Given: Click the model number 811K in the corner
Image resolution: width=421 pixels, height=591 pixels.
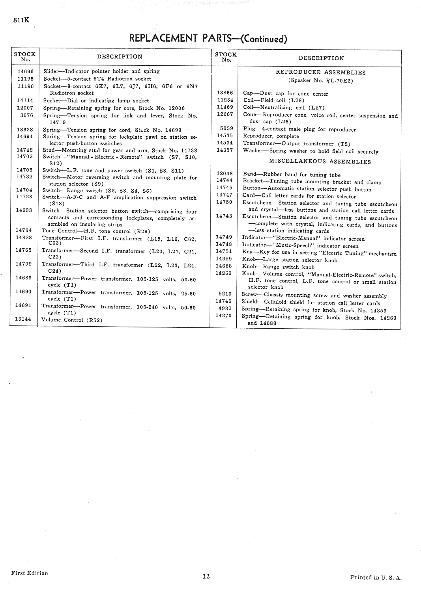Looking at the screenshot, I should [x=21, y=21].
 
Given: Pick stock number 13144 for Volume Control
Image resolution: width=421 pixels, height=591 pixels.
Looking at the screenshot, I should [x=23, y=319].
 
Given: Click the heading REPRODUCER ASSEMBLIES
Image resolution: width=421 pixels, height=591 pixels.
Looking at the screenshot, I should [x=320, y=72].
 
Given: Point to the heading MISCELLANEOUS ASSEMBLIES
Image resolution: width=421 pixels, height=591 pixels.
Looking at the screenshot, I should [x=320, y=162].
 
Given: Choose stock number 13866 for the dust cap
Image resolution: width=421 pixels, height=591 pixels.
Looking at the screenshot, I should [x=225, y=93].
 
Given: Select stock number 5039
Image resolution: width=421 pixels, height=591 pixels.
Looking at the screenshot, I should [x=226, y=128].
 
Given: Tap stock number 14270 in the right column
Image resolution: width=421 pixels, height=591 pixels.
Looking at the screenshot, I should [x=224, y=315].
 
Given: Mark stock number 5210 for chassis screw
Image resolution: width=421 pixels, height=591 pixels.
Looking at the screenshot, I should [x=225, y=294].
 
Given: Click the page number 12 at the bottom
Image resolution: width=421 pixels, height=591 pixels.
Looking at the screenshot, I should [x=206, y=576].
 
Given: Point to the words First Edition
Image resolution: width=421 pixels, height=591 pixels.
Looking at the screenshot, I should [x=30, y=573].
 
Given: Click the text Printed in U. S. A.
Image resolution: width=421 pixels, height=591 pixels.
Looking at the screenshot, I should [x=376, y=578].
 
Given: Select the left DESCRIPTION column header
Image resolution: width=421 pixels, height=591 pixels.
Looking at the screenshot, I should [x=120, y=57].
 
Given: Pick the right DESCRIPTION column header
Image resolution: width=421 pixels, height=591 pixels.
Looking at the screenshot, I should [x=321, y=58].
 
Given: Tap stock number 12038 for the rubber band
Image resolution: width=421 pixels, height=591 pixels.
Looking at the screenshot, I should [x=225, y=173].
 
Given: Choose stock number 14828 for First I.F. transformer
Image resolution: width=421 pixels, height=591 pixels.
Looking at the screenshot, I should [x=24, y=238].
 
